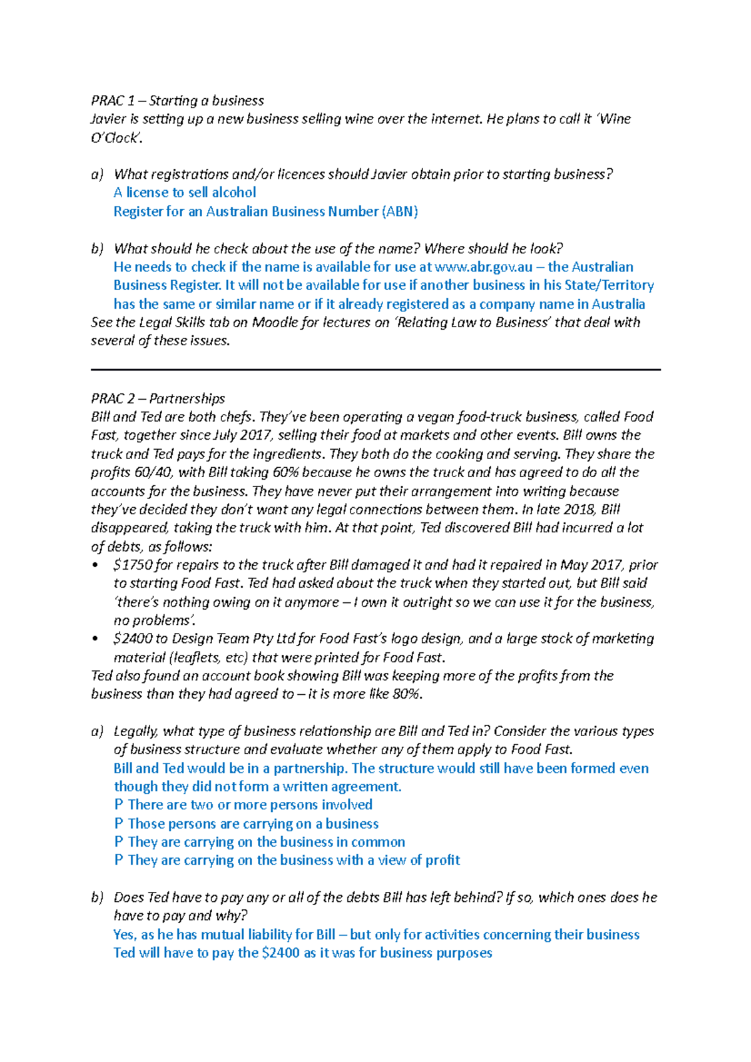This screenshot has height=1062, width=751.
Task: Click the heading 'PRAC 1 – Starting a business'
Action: tap(177, 101)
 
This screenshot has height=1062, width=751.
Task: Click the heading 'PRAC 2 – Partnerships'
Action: tap(158, 398)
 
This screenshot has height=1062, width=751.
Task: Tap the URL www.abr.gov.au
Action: tap(483, 267)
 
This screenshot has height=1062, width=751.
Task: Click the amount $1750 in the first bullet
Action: tap(133, 565)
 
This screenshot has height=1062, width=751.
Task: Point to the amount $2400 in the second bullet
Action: tap(133, 639)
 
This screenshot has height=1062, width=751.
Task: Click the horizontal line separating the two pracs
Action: tap(375, 370)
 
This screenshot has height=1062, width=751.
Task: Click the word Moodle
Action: tap(275, 323)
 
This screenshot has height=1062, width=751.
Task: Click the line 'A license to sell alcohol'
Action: tap(185, 193)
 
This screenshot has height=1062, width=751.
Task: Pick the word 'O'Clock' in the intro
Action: tap(116, 138)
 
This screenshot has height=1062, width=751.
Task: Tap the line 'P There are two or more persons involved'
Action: tap(243, 805)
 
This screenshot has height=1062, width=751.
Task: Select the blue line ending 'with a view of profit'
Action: tap(287, 861)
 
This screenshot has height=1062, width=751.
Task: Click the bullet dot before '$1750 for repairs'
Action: tap(95, 565)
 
